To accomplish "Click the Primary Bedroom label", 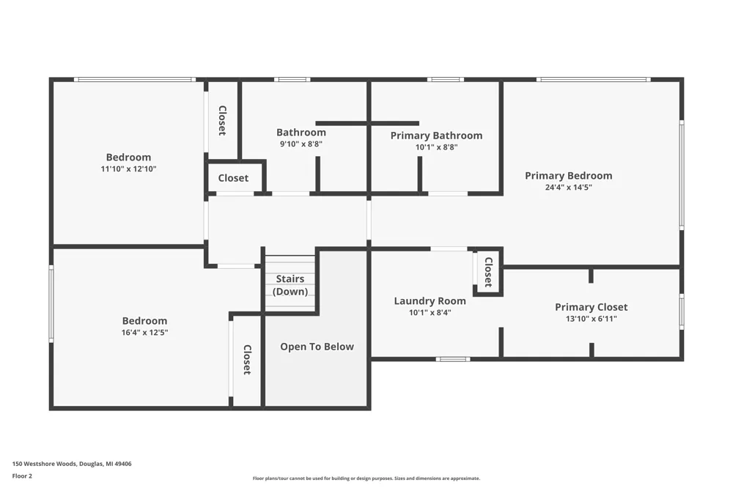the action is pos(569,176).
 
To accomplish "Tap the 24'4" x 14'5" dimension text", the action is pos(569,188).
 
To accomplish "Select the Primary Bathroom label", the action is pos(436,136).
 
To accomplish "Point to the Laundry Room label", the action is pos(430,301).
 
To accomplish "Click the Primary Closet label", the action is pos(592,307).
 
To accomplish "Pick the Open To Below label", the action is pos(317,347).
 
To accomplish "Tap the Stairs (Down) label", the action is pos(290,285).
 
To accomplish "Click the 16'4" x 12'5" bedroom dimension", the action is pos(144,333).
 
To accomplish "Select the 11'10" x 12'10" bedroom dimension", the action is pos(128,169).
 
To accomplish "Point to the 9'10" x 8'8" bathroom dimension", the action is pos(301,144).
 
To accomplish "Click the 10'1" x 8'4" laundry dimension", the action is pos(430,313).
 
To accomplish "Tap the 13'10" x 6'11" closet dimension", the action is pos(592,319).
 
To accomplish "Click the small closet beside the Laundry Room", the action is pos(488,272).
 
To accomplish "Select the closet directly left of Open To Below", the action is pos(247,360).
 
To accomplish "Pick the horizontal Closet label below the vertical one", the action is pos(233,178).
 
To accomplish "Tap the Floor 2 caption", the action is pos(22,476).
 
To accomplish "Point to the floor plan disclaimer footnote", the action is pos(366,478).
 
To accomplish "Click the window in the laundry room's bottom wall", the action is pos(453,359).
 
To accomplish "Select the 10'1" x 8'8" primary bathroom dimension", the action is pos(436,147).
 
